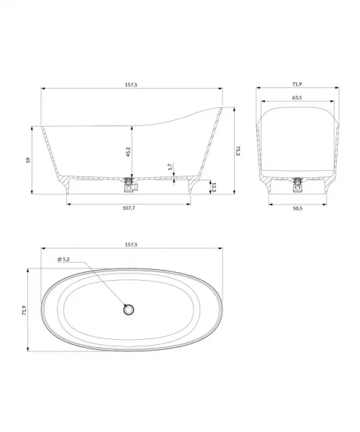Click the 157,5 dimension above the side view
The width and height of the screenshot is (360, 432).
[131, 84]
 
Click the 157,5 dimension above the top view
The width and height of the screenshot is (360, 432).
[131, 244]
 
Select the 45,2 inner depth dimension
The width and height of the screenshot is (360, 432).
[128, 152]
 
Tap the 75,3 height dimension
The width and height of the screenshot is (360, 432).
[238, 150]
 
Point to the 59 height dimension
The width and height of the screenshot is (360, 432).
[28, 160]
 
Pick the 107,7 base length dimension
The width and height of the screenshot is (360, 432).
[129, 208]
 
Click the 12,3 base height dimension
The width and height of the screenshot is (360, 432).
[214, 187]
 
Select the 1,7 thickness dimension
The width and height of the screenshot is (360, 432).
[170, 167]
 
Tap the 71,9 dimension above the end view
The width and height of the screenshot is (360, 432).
[297, 84]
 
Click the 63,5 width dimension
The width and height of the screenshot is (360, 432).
[297, 97]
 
